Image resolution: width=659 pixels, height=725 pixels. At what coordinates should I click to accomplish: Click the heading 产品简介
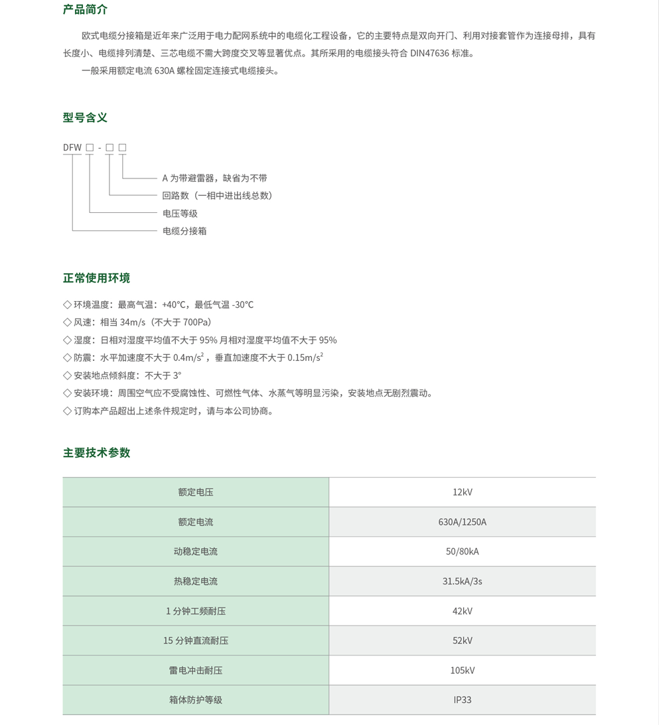(85, 9)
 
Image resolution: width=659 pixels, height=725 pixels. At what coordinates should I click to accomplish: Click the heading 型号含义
(85, 117)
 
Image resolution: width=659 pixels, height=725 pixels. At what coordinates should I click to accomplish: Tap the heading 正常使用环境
(96, 278)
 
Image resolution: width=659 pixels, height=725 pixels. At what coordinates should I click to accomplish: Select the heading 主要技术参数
(96, 452)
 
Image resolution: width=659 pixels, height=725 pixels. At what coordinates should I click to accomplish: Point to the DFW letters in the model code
(72, 147)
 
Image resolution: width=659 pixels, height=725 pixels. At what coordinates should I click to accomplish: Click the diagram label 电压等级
(180, 214)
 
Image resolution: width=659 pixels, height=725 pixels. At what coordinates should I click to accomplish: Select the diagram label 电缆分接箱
(184, 231)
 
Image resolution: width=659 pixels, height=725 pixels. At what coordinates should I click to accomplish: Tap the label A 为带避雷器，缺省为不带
(214, 178)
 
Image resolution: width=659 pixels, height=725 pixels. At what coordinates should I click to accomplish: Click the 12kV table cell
(462, 492)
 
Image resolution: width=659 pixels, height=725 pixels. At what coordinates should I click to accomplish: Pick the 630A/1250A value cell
(462, 522)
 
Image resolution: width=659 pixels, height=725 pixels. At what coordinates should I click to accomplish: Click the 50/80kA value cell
(462, 551)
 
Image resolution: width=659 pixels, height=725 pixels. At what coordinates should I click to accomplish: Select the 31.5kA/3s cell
(462, 581)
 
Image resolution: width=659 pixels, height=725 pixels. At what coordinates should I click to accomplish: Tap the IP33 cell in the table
(462, 700)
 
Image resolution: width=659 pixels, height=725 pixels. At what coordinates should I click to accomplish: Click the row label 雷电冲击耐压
(196, 670)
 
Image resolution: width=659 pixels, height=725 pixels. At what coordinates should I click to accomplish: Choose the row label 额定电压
(196, 492)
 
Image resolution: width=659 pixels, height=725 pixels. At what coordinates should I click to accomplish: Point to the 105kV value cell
(462, 670)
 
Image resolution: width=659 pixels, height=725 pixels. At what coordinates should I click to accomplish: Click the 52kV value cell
(462, 641)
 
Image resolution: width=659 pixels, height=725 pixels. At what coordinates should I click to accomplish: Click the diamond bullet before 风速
(67, 322)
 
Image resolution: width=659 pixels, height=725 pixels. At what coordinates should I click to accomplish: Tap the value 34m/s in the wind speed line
(133, 322)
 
